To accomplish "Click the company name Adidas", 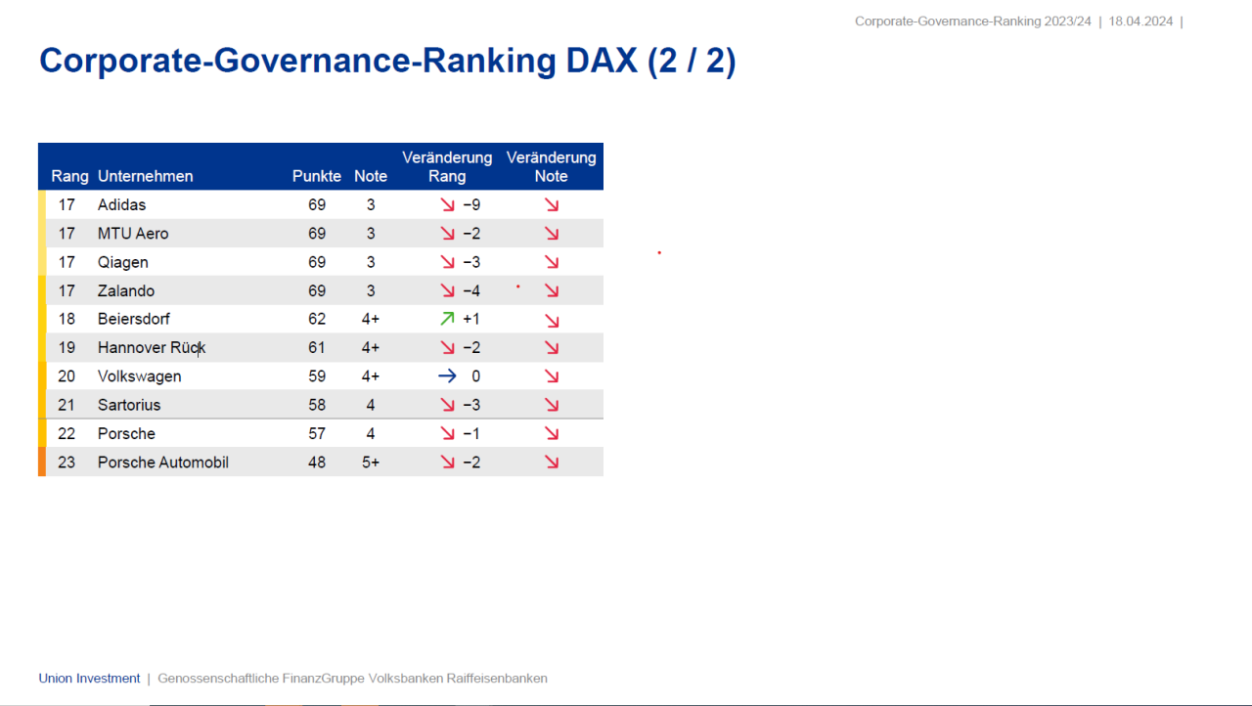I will click(121, 205).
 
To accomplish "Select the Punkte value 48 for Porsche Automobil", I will click(317, 463).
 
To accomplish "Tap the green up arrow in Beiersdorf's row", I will click(447, 319).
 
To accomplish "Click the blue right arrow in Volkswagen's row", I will click(447, 376).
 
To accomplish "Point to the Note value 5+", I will click(371, 463).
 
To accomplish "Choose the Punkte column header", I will click(317, 177).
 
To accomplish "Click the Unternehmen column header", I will click(146, 177).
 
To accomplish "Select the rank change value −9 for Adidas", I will click(471, 205).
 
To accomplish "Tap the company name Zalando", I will click(126, 291).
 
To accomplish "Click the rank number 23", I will click(67, 463).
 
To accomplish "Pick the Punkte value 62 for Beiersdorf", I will click(317, 319).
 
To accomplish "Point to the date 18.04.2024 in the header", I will click(1140, 22).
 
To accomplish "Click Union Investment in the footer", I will click(89, 679).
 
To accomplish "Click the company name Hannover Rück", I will click(152, 348).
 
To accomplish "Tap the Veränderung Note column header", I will click(551, 167).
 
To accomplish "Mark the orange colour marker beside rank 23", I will click(42, 463).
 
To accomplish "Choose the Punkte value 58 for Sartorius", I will click(317, 405).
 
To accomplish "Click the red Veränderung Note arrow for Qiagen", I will click(552, 262).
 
